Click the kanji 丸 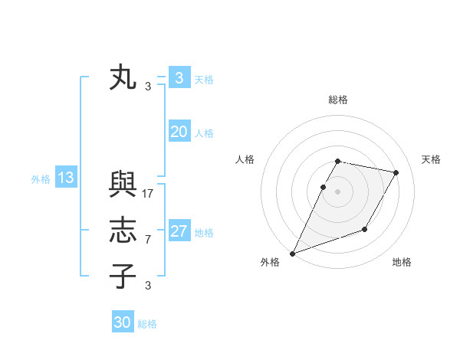coord(123,78)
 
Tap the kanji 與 coord(123,185)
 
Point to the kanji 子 coord(123,275)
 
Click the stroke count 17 coord(148,194)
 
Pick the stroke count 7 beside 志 coord(148,240)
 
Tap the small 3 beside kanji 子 coord(148,286)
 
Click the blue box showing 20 coord(179,132)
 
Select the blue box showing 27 coord(179,231)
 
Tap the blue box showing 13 coord(65,178)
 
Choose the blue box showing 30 coord(123,322)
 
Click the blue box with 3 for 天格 coord(179,78)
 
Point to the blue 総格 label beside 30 coord(147,324)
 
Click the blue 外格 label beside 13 coord(41,179)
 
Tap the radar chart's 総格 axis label coord(337,100)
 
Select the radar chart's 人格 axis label coord(245,159)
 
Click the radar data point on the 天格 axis coord(396,173)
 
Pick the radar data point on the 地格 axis coord(365,229)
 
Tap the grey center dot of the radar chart coord(337,191)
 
